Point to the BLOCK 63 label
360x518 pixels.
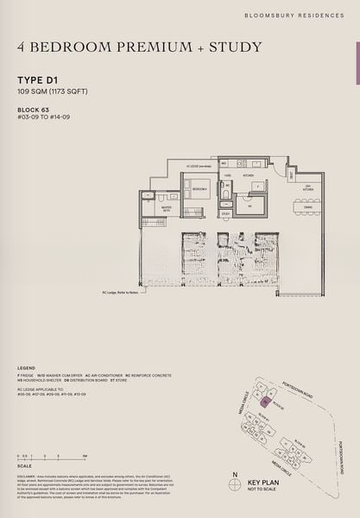point(33,110)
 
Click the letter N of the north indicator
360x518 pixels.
point(235,473)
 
